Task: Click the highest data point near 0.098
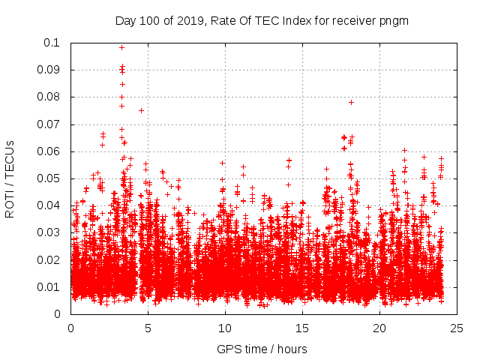[121, 47]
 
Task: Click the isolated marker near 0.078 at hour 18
[351, 102]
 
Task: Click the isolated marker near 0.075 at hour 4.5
[141, 110]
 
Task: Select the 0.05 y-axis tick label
[51, 178]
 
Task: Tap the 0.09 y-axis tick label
[51, 70]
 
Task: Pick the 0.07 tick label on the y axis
[51, 124]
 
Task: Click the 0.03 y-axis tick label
[51, 232]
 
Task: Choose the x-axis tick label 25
[457, 328]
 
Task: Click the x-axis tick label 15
[302, 328]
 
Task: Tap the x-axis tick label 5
[148, 328]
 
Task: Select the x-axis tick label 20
[379, 328]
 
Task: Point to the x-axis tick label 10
[225, 328]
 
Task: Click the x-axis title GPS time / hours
[262, 349]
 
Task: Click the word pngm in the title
[394, 20]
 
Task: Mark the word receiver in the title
[353, 20]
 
